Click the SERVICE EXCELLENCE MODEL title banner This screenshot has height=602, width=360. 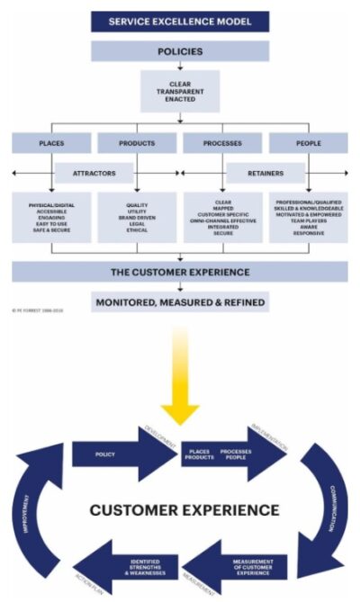180,21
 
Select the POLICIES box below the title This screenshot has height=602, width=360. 180,51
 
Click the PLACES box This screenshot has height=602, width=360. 51,142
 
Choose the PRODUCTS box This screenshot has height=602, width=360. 136,142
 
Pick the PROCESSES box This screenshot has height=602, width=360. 223,142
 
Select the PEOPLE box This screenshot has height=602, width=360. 308,142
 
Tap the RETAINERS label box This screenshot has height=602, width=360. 265,171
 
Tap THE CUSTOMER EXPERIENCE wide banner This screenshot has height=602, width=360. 180,272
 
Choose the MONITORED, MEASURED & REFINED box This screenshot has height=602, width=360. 180,302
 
